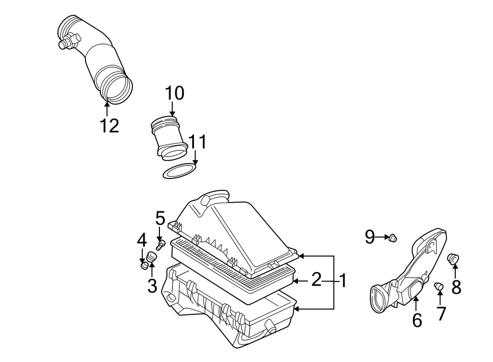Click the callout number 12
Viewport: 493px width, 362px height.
pyautogui.click(x=110, y=126)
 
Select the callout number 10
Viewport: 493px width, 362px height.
pyautogui.click(x=175, y=94)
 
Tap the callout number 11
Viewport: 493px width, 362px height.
pyautogui.click(x=198, y=142)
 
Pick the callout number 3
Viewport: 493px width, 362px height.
pyautogui.click(x=152, y=285)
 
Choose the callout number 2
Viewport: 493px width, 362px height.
pyautogui.click(x=316, y=280)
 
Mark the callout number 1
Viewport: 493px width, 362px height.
pyautogui.click(x=342, y=281)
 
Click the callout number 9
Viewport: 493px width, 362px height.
pyautogui.click(x=370, y=237)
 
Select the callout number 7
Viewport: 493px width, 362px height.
pyautogui.click(x=441, y=313)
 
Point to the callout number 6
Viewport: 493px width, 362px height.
pyautogui.click(x=417, y=320)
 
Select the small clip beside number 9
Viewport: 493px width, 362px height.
pyautogui.click(x=392, y=238)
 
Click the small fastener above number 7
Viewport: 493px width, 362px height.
pyautogui.click(x=439, y=286)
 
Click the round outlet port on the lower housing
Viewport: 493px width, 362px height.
pyautogui.click(x=270, y=327)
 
